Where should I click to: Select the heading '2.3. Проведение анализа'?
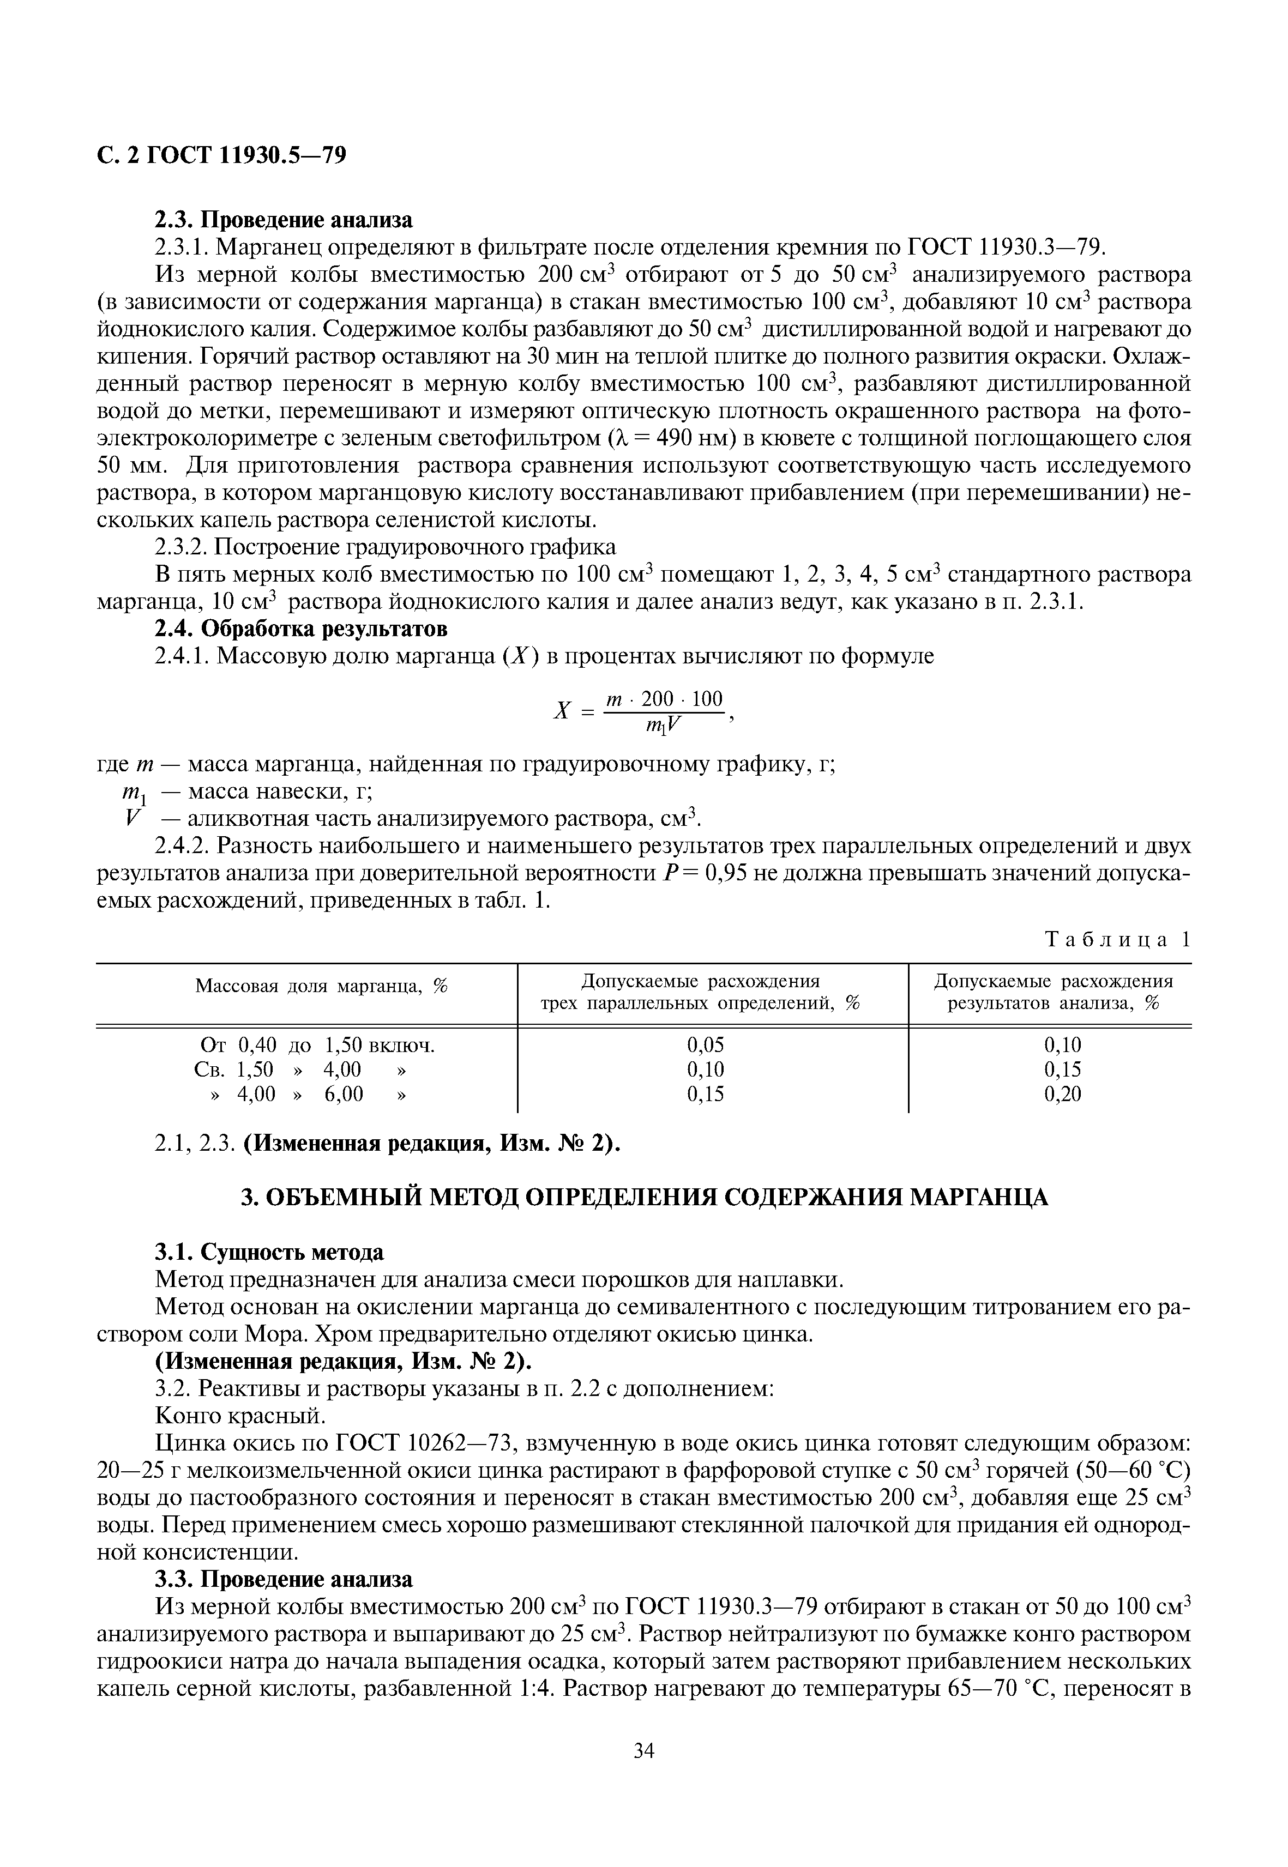[282, 220]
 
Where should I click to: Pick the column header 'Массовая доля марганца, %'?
[321, 986]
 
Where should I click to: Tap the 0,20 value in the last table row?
[1062, 1094]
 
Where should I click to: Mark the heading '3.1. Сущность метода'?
[269, 1252]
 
